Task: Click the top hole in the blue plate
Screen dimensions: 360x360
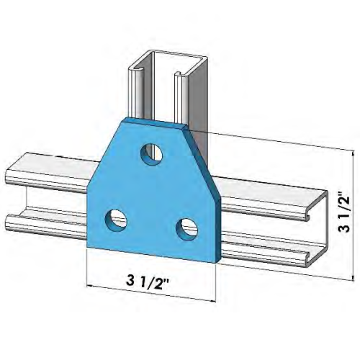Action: tap(150, 153)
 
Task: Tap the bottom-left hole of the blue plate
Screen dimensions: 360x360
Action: tap(116, 219)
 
